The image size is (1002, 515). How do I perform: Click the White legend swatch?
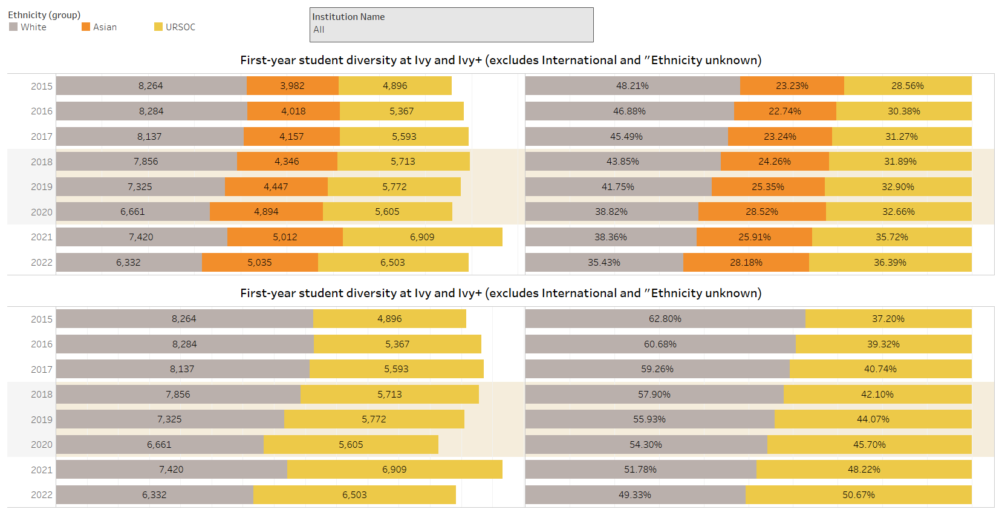click(13, 27)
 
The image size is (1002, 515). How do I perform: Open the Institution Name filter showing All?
click(451, 25)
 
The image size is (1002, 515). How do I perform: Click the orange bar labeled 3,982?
click(292, 86)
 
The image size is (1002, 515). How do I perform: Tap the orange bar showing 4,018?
click(293, 111)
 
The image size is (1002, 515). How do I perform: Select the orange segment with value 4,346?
click(287, 162)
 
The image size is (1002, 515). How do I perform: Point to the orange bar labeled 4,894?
click(266, 212)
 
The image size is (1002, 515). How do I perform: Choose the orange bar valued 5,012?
click(285, 237)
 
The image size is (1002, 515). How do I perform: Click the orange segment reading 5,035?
click(259, 263)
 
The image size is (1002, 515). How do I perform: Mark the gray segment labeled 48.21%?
click(633, 86)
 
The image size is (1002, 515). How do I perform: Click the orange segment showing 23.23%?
click(792, 86)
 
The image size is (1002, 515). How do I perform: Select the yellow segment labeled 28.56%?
click(908, 86)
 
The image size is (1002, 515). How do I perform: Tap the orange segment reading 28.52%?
click(762, 212)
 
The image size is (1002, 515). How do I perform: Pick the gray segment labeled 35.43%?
click(604, 263)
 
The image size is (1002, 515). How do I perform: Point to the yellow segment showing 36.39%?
click(890, 263)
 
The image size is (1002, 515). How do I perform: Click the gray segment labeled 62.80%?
click(665, 319)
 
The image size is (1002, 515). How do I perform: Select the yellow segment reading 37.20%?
click(888, 319)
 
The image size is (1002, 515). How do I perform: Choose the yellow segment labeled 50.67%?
click(859, 495)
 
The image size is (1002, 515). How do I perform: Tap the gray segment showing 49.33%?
click(635, 495)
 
